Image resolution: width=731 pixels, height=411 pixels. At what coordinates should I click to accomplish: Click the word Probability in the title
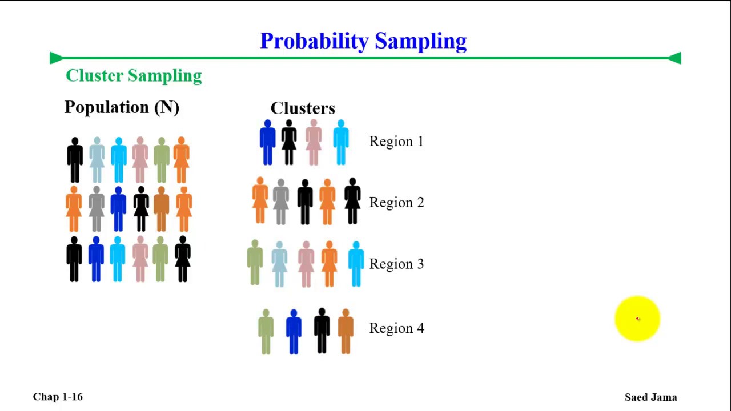click(314, 42)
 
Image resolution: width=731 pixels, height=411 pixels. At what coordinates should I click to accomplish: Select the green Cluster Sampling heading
click(134, 76)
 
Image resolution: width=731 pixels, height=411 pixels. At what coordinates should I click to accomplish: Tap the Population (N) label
click(122, 107)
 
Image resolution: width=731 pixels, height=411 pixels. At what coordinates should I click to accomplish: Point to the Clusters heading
click(303, 108)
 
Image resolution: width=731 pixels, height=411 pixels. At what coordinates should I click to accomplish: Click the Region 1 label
click(396, 141)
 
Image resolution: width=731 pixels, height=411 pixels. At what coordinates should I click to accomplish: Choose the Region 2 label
click(396, 202)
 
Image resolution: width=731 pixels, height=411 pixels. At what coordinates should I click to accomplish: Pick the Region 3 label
click(396, 264)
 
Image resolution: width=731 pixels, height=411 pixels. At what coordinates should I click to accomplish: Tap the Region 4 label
click(396, 328)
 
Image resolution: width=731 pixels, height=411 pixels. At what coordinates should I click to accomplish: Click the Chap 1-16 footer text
click(58, 397)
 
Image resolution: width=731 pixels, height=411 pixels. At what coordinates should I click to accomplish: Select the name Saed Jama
click(650, 397)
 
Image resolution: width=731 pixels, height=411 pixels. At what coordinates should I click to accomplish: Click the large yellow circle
click(637, 319)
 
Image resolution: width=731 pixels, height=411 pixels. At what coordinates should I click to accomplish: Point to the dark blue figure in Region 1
click(268, 142)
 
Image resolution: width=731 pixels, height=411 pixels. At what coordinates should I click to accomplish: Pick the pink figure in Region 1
click(314, 142)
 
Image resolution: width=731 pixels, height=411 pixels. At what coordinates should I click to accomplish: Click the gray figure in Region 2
click(280, 202)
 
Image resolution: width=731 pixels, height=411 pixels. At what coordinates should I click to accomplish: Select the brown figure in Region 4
click(346, 332)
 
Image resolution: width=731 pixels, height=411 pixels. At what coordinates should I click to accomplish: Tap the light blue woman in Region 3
click(279, 264)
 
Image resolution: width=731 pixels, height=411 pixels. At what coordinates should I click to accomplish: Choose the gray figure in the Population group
click(97, 209)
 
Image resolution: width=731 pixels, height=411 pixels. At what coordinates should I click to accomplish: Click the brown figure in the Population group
click(161, 209)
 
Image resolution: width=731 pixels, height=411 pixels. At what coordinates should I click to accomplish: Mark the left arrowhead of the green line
click(56, 58)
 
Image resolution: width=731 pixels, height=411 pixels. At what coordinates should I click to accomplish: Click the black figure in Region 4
click(322, 331)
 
